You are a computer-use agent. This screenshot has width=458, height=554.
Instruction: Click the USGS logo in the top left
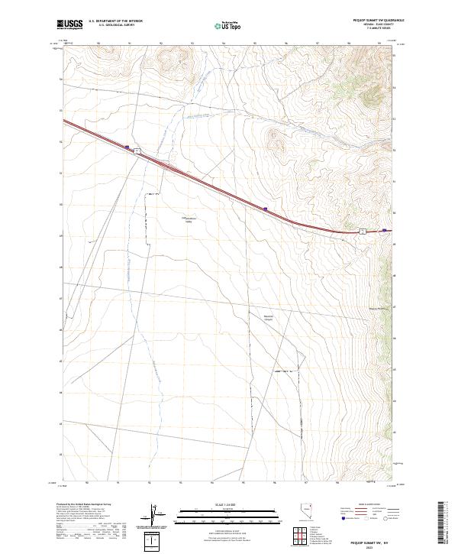tap(70, 24)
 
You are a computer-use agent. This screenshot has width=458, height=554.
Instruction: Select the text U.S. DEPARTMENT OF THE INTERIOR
tap(115, 21)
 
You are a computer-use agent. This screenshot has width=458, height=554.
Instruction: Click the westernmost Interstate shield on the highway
tap(127, 147)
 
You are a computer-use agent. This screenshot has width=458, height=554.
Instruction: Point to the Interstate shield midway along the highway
tap(264, 207)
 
